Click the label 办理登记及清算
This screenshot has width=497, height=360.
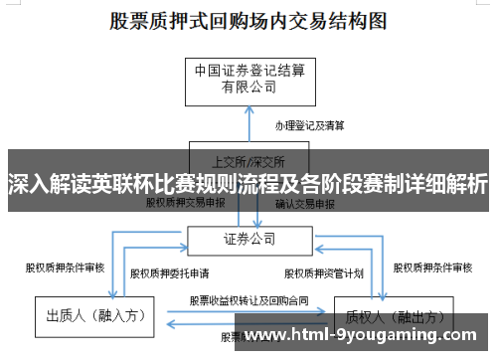[311, 125]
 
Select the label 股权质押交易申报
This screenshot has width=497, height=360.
[186, 202]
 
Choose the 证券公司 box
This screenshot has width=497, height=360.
[248, 239]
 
